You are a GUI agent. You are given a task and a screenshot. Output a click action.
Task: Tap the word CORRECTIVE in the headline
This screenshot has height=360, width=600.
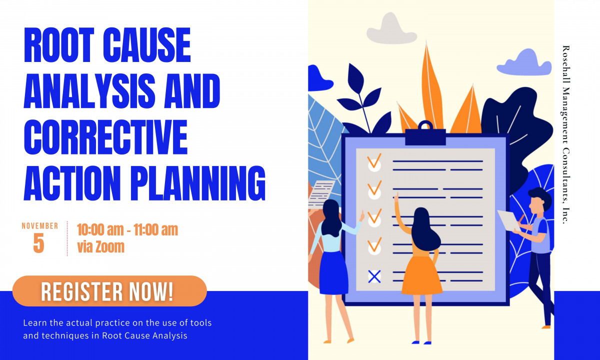[105, 135]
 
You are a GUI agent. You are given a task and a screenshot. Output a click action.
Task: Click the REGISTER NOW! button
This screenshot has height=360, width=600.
[109, 291]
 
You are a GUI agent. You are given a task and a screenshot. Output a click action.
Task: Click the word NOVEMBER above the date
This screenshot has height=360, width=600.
[39, 226]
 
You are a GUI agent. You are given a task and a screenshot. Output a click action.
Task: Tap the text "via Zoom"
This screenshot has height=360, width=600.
[100, 246]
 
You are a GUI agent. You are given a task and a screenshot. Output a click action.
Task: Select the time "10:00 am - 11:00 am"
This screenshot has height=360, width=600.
[127, 230]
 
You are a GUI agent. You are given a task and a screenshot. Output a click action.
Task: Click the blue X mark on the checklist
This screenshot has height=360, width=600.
[374, 276]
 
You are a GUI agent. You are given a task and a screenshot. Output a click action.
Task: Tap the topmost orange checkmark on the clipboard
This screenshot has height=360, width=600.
[374, 162]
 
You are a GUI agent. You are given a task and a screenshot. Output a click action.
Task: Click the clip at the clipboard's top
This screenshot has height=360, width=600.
[425, 134]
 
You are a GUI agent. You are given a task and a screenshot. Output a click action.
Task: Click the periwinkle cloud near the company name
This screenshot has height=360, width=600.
[517, 62]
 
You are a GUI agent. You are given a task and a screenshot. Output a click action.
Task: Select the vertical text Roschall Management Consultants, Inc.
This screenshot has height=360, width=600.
[565, 135]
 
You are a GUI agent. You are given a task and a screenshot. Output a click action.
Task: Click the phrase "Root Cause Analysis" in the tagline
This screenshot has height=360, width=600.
[144, 335]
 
